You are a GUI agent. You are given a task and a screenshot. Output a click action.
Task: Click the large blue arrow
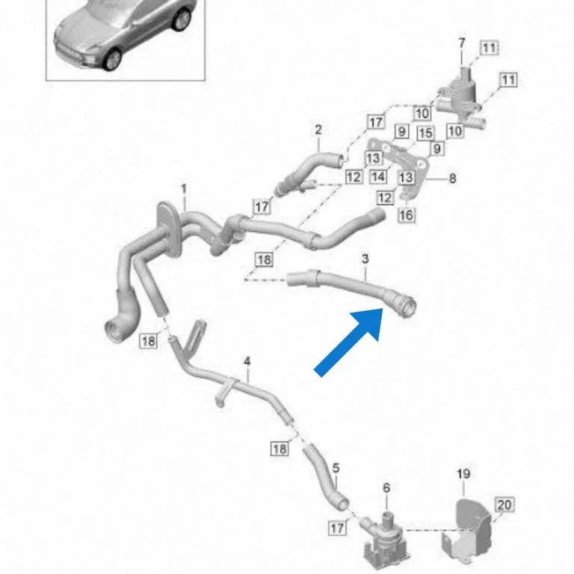[349, 342]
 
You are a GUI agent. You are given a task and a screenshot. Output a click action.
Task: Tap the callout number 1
[184, 189]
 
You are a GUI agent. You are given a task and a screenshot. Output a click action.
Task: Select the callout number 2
[318, 129]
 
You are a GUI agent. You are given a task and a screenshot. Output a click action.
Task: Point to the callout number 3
[365, 259]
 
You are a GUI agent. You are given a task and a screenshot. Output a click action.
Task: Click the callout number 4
[247, 362]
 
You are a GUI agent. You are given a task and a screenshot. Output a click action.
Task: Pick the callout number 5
[336, 468]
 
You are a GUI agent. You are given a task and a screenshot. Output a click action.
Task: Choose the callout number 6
[386, 488]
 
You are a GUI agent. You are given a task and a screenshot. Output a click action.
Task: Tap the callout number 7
[462, 43]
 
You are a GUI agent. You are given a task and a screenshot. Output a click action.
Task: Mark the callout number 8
[452, 179]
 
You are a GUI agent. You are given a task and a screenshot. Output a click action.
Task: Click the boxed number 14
[378, 177]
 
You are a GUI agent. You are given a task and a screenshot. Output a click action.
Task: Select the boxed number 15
[426, 133]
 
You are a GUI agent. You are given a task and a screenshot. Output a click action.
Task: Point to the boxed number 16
[407, 215]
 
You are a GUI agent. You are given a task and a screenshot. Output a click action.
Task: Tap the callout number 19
[463, 474]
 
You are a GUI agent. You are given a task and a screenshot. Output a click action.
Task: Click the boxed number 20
[504, 504]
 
